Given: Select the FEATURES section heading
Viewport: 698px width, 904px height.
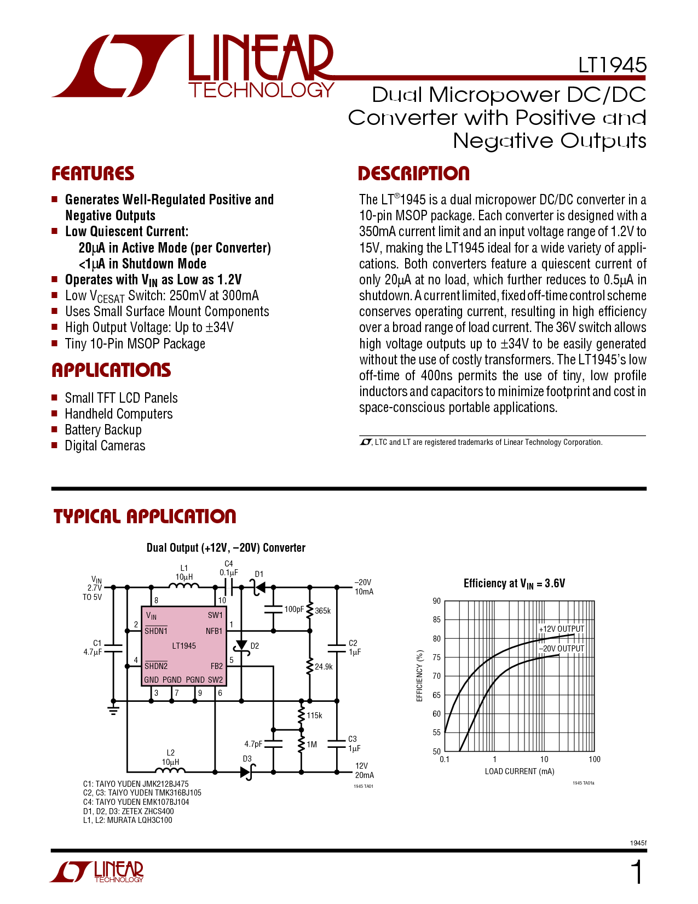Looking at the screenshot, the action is (x=93, y=174).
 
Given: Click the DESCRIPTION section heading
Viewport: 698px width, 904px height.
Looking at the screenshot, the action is (x=414, y=174).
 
